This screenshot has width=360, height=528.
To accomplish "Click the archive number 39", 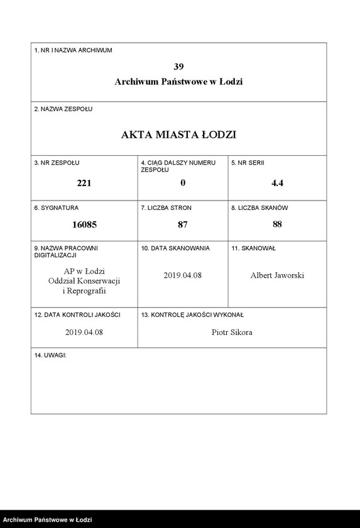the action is (178, 66).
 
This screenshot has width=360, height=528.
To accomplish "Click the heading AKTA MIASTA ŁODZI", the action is (178, 135).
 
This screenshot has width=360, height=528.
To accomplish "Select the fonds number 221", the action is (84, 183).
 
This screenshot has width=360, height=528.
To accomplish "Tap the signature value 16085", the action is (84, 224).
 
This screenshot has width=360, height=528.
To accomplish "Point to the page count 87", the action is (183, 224).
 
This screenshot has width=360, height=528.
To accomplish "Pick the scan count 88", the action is (277, 224).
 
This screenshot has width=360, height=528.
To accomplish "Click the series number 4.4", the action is (277, 183).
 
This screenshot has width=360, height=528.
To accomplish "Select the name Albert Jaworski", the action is (277, 275).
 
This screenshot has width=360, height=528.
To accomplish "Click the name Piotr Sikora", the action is (232, 332).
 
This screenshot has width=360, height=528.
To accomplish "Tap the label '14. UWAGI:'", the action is (50, 356).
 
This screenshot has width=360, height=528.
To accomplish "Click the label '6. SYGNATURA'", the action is (57, 207).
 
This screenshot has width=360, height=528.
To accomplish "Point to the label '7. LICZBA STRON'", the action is (166, 207).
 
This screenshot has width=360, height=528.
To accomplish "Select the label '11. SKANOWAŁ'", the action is (253, 248).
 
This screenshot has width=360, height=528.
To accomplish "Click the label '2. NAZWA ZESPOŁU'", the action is (63, 109).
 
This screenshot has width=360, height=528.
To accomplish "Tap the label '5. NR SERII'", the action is (248, 163).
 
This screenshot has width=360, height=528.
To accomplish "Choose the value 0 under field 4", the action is (183, 183).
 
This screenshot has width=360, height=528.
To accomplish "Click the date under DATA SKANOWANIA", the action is (182, 275).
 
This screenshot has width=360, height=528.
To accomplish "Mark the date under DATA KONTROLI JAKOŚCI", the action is (84, 332).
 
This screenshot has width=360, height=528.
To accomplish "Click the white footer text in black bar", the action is (48, 520).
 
